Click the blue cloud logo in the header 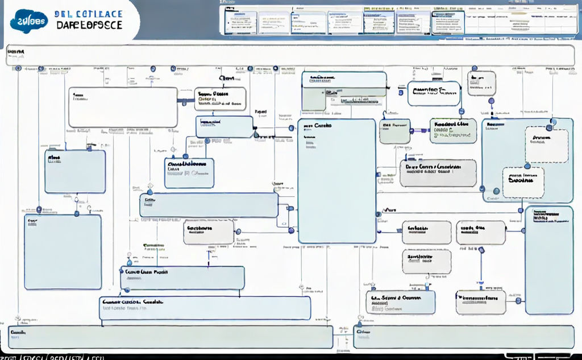click(x=29, y=20)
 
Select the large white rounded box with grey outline click(x=123, y=107)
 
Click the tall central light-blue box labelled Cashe click(x=337, y=181)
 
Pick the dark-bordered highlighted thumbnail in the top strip click(x=448, y=22)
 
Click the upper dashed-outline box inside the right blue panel click(x=546, y=146)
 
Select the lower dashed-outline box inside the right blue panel click(x=523, y=183)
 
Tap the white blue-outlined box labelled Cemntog click(x=434, y=93)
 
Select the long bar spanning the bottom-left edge click(x=171, y=337)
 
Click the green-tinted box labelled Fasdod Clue click(x=453, y=131)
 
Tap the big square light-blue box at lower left click(x=63, y=252)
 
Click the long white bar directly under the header click(x=290, y=56)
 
